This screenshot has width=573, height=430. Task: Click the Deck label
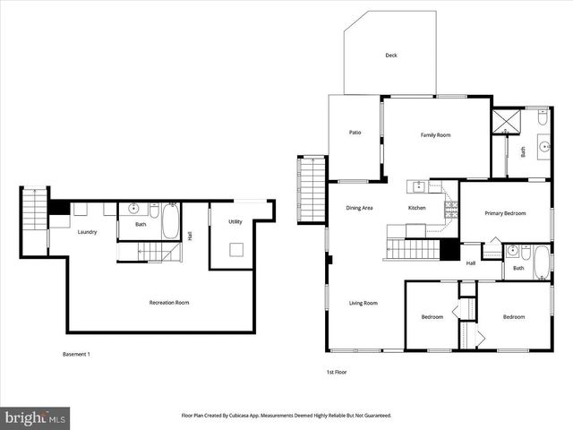(390, 56)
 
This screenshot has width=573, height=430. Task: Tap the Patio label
(355, 133)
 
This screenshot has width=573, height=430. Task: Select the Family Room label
(435, 134)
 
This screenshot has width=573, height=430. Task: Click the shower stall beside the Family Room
(506, 122)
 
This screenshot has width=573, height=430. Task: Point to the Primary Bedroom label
(505, 213)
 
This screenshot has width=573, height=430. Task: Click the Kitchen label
(417, 208)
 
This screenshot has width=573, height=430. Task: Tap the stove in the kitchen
(450, 209)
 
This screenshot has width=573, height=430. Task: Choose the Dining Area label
(359, 208)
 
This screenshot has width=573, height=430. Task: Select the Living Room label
(363, 303)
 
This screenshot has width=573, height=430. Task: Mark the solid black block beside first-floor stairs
(449, 250)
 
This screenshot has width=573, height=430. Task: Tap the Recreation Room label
(168, 303)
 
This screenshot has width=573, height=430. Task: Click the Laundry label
(87, 232)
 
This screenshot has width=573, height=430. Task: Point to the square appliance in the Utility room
(237, 250)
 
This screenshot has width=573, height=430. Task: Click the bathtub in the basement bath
(170, 220)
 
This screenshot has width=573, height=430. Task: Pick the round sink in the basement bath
(133, 209)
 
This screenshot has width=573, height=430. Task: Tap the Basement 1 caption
(76, 354)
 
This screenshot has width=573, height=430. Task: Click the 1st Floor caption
(337, 371)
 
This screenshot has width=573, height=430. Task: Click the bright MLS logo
(36, 417)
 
